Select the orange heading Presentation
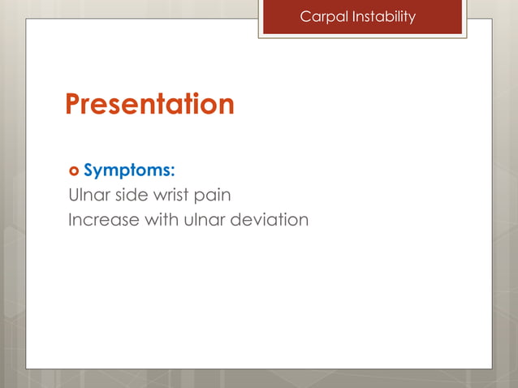coord(149,104)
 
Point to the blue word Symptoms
coord(127,171)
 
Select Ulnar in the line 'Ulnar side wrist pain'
coord(87,196)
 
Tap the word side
coord(128,196)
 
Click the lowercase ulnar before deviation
coord(208,220)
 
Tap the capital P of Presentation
coord(73,104)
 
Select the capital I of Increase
coord(71,220)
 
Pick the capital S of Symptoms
coord(90,171)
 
